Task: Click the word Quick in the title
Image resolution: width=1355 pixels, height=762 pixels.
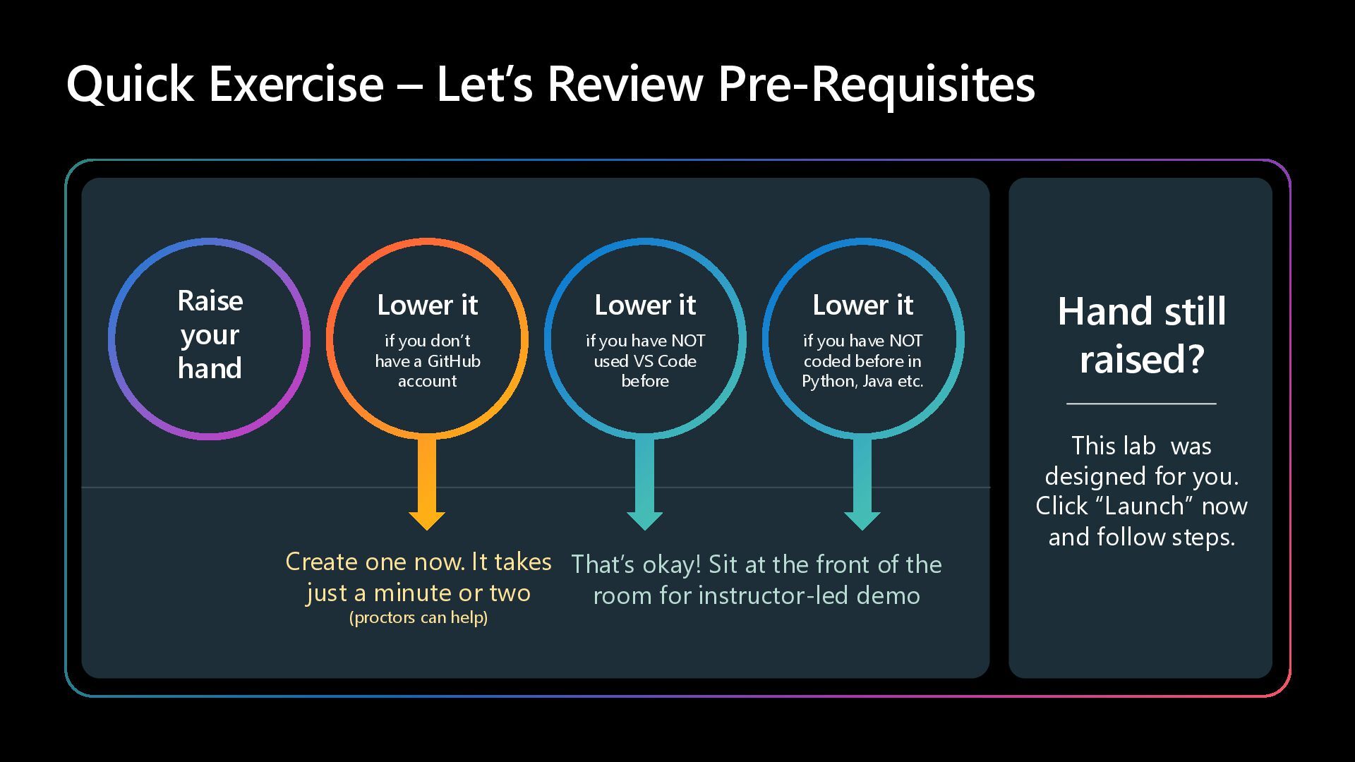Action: click(x=130, y=84)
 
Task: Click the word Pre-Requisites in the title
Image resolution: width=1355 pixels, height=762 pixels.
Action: click(x=876, y=84)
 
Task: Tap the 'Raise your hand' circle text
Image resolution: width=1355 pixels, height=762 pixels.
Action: click(x=210, y=335)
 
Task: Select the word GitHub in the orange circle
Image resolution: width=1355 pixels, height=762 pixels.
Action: click(x=454, y=361)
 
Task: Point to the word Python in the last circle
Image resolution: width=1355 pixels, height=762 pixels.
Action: click(x=826, y=382)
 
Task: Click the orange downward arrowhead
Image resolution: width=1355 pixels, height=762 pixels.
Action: click(x=427, y=520)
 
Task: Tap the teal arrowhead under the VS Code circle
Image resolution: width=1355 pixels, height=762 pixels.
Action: click(x=644, y=520)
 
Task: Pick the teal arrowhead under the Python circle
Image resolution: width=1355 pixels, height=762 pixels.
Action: click(x=862, y=520)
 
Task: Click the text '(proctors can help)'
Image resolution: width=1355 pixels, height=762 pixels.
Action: click(x=418, y=618)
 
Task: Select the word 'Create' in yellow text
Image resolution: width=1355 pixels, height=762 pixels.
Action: click(x=321, y=562)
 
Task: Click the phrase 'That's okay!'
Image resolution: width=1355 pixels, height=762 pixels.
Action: click(x=636, y=565)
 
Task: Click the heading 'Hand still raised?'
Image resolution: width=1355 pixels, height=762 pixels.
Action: click(x=1141, y=335)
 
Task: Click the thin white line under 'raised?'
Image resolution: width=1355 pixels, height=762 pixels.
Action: click(x=1141, y=404)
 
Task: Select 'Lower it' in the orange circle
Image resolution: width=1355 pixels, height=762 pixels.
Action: click(x=427, y=306)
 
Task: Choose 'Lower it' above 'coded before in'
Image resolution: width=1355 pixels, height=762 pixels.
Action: click(x=862, y=306)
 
